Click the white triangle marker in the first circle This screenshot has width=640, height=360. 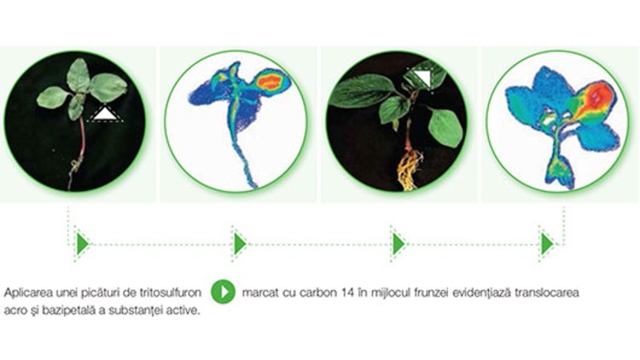106,113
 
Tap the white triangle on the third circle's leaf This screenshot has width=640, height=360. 423,78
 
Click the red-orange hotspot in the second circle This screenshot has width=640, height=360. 270,82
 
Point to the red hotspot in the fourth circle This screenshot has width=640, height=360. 599,98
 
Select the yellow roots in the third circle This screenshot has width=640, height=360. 409,170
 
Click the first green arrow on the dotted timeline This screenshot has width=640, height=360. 83,244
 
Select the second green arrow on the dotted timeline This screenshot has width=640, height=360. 240,244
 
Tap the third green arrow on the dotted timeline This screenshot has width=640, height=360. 399,244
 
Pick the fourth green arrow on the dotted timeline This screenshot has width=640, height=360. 547,244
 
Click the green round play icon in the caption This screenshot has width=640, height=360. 224,292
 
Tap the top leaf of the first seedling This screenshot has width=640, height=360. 79,75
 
